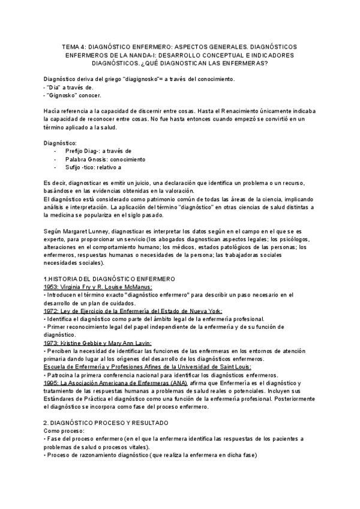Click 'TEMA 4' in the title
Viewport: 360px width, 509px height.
[x=74, y=46]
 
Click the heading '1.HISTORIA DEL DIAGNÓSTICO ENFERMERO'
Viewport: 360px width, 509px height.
[x=109, y=279]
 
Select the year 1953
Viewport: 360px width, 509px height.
[x=52, y=287]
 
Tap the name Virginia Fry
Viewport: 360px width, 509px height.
[x=80, y=287]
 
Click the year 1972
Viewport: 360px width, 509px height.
[x=52, y=311]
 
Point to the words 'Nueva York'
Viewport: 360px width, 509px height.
[x=205, y=311]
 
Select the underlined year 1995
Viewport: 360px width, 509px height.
[x=52, y=382]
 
